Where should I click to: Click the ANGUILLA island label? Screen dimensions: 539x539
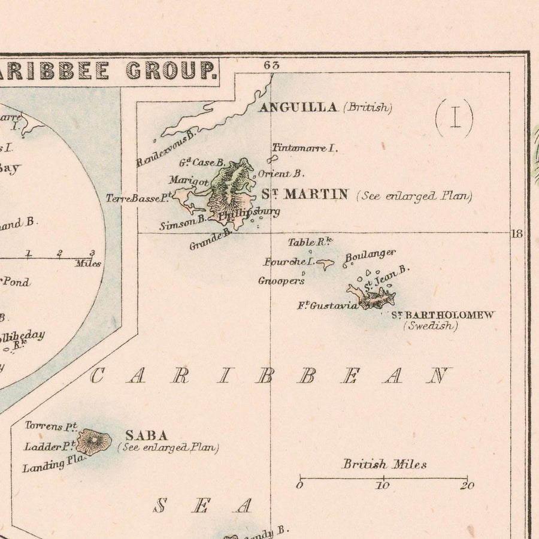298,108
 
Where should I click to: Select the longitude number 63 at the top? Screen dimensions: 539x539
271,66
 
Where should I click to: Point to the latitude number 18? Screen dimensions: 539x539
517,234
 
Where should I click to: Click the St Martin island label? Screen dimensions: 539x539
305,194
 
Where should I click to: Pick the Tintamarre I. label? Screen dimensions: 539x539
305,148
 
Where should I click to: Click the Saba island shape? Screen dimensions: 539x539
94,442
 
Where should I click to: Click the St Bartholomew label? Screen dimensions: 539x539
443,315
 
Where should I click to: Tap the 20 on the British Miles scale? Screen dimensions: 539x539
467,486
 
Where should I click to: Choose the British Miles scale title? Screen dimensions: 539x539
384,464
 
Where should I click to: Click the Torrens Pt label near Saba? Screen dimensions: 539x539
52,426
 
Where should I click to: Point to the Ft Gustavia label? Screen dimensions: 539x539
328,305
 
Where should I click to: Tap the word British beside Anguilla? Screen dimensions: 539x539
368,108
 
